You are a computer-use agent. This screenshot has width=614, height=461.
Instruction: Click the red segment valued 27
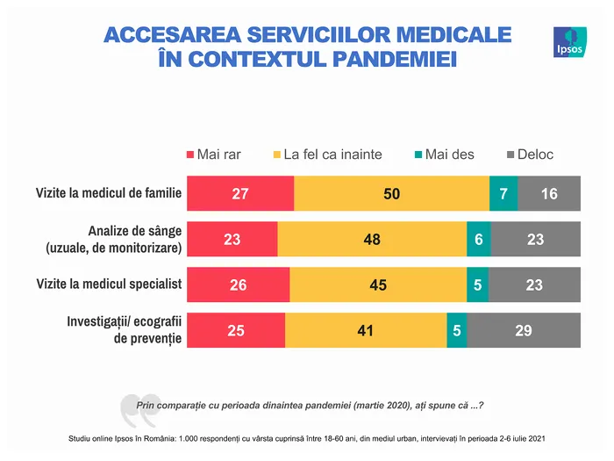click(x=240, y=193)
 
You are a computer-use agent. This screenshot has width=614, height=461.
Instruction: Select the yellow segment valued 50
click(x=391, y=193)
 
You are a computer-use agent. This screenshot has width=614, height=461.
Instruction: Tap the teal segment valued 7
click(x=503, y=193)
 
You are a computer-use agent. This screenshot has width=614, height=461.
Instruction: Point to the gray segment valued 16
click(x=549, y=193)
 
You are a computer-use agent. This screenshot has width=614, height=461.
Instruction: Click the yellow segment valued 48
click(x=372, y=239)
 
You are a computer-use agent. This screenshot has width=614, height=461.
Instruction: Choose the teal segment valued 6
click(x=478, y=239)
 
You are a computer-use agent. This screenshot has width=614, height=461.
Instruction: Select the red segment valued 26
click(x=238, y=285)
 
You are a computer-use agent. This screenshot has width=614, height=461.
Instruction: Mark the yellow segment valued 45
click(x=378, y=285)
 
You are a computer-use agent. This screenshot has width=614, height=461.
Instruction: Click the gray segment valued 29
click(x=524, y=330)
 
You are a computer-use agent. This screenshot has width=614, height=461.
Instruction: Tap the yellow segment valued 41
click(x=366, y=330)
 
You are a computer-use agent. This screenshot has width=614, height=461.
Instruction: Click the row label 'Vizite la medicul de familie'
click(x=108, y=193)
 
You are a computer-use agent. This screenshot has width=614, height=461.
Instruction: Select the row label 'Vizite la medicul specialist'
click(x=108, y=285)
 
